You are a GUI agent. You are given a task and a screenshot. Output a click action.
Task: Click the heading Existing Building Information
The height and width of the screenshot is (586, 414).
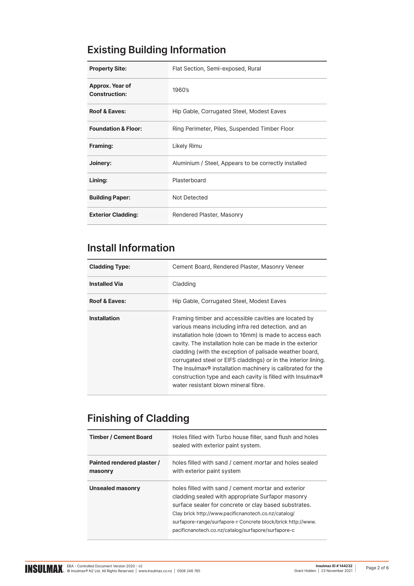(156, 50)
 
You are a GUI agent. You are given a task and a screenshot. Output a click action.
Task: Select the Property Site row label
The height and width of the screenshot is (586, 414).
(108, 69)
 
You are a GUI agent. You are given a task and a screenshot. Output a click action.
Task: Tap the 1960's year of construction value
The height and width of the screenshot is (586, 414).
(181, 90)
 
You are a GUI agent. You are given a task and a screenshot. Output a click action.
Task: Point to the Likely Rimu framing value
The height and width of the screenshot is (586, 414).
(187, 146)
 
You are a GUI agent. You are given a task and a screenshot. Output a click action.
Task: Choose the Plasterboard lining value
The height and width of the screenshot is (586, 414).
(189, 180)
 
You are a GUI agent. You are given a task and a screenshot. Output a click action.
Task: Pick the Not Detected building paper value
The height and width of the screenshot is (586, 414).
(190, 198)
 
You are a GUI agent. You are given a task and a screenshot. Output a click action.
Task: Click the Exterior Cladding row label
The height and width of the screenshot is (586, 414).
(114, 215)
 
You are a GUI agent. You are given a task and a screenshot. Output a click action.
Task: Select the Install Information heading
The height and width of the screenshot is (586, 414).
(131, 248)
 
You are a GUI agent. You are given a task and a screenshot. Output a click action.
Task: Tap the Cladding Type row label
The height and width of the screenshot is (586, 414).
(110, 267)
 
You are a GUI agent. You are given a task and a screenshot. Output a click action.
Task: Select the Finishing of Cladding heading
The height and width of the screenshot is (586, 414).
(138, 418)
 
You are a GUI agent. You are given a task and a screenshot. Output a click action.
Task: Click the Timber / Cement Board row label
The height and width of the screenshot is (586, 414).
(121, 437)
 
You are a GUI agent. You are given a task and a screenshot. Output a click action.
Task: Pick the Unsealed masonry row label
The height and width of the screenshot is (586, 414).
(115, 488)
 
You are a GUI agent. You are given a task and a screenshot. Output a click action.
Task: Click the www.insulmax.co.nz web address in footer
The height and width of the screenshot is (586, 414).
(155, 571)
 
